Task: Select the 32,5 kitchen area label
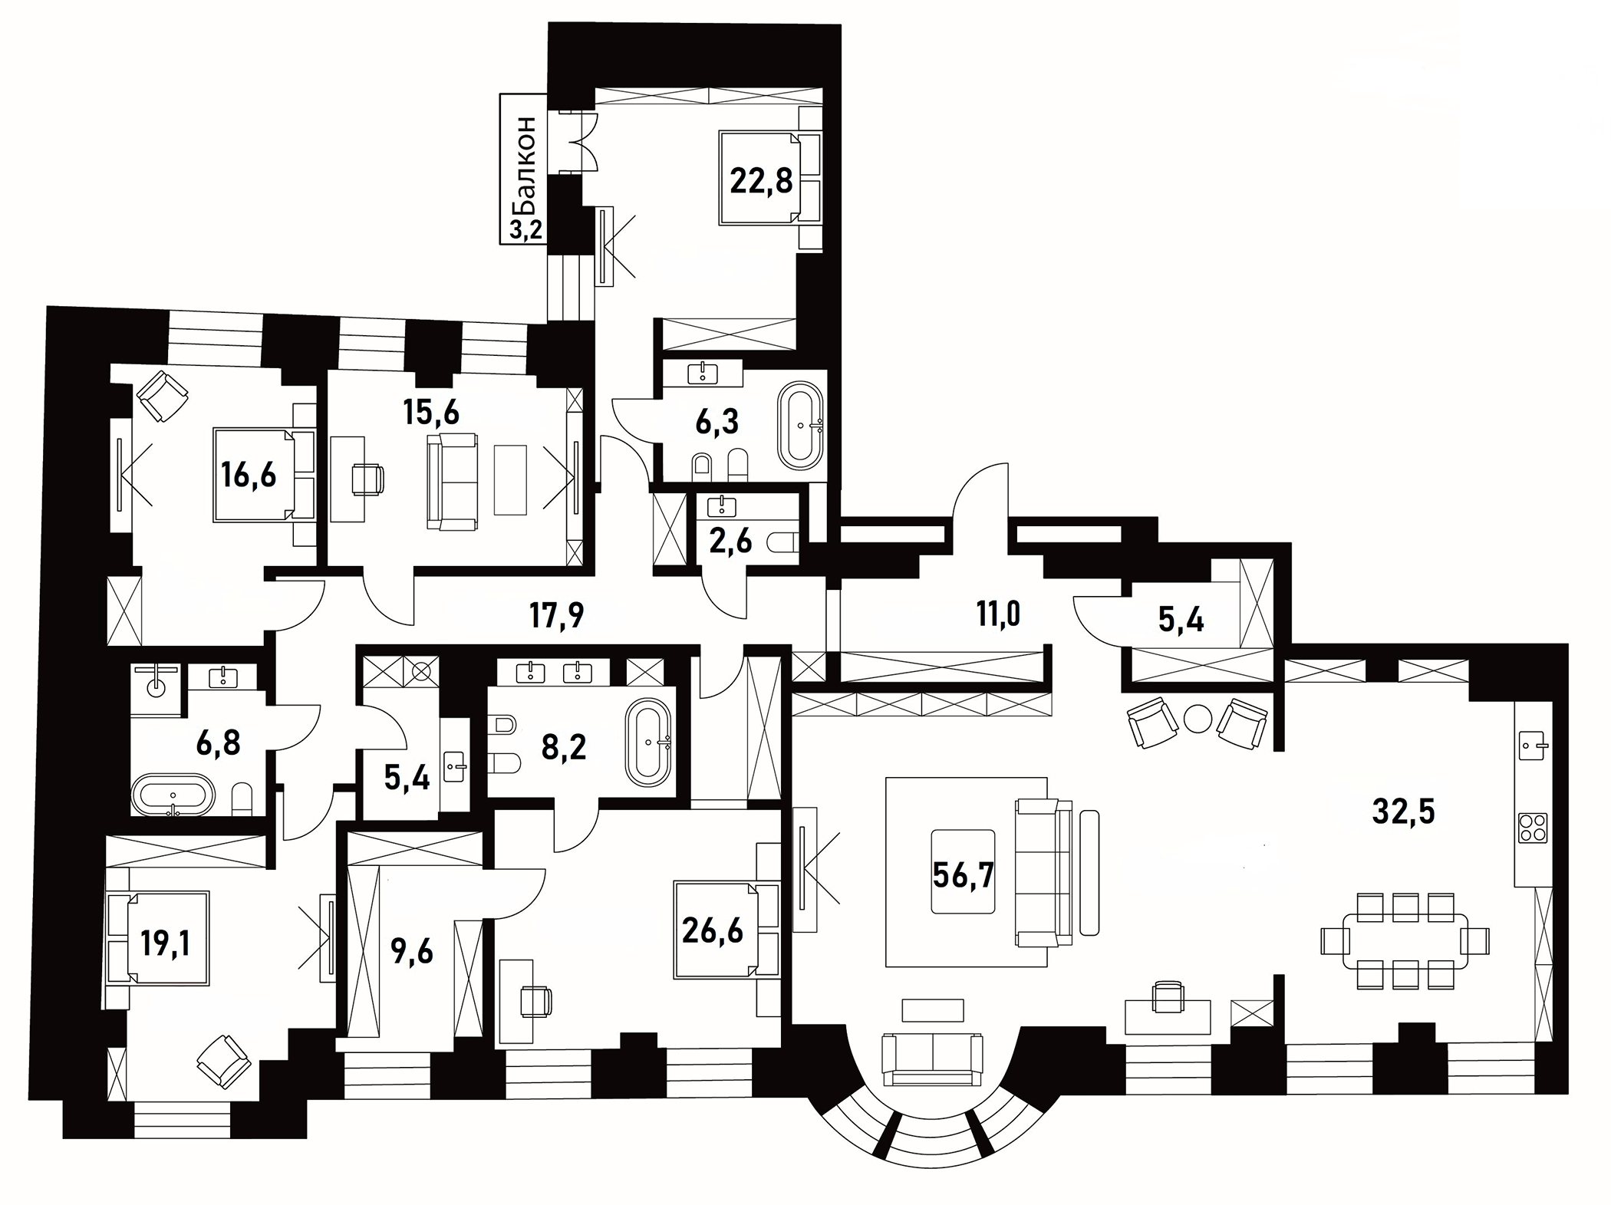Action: coord(1403,811)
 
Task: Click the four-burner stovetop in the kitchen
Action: coord(1532,829)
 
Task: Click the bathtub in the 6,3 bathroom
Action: coord(801,426)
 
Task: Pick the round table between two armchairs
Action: coord(1198,719)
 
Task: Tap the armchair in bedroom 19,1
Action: coord(223,1062)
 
